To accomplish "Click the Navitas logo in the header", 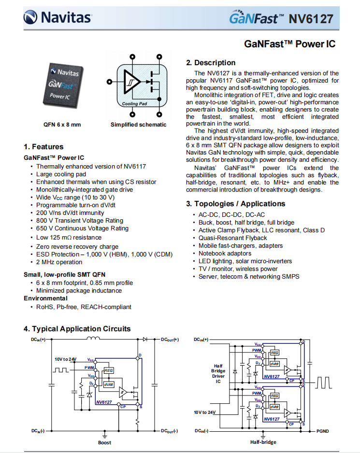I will click(x=58, y=18).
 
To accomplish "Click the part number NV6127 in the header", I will click(x=311, y=19).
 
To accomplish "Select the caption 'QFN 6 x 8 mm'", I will click(x=62, y=125).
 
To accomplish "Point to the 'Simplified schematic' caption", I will click(x=138, y=125).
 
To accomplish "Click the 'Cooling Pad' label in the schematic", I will click(x=134, y=104).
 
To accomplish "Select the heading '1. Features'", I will click(x=43, y=147).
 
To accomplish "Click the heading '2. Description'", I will click(x=211, y=63).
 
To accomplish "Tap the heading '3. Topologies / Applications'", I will click(x=236, y=204).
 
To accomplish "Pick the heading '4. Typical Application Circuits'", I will click(x=77, y=329).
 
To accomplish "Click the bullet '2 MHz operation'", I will click(x=59, y=262).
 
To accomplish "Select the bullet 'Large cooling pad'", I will click(x=61, y=174).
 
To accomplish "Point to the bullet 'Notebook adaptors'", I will click(x=225, y=254).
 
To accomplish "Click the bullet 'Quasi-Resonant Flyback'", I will click(x=232, y=238).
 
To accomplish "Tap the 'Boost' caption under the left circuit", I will click(x=104, y=442).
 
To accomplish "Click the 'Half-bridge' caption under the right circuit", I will click(x=263, y=442).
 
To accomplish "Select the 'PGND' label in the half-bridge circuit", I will click(x=323, y=430).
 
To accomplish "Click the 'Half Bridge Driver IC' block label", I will click(x=218, y=374).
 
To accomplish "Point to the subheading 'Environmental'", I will click(x=45, y=298).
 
